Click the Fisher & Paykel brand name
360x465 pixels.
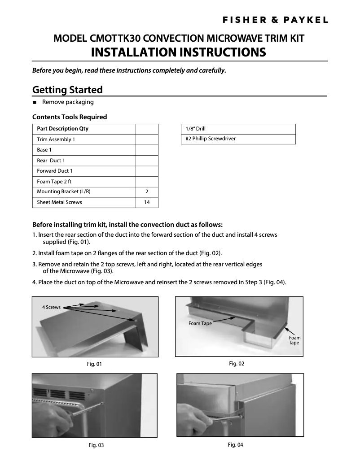(x=276, y=20)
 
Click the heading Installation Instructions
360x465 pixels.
(x=178, y=52)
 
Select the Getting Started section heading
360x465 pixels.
(x=67, y=90)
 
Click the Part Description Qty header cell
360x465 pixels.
(x=62, y=129)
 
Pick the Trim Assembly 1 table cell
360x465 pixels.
(x=56, y=139)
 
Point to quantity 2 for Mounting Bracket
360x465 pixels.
(x=147, y=192)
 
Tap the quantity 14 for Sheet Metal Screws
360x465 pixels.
(x=147, y=202)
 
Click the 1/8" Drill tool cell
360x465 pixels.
(x=196, y=129)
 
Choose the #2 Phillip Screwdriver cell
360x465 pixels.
(x=211, y=139)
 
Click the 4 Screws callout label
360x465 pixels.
(x=51, y=308)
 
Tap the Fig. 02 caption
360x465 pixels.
(x=237, y=363)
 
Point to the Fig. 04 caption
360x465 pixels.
(x=235, y=444)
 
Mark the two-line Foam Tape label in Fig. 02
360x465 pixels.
(x=294, y=340)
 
